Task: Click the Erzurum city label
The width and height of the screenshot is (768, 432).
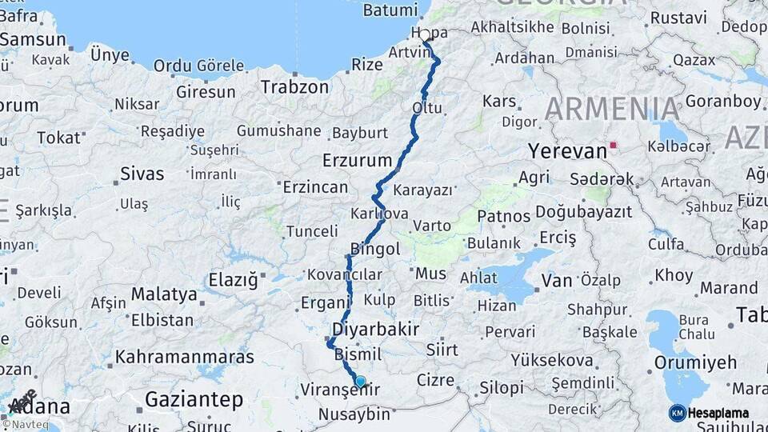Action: point(357,160)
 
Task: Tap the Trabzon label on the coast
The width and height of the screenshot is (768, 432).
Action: point(294,86)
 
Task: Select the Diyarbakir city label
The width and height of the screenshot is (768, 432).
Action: point(375,330)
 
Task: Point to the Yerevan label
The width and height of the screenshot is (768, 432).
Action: point(567,151)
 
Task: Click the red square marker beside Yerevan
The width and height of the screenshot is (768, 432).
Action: point(614,146)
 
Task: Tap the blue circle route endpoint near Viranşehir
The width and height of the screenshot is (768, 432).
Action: point(360,382)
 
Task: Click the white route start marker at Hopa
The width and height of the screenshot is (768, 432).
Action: point(426,35)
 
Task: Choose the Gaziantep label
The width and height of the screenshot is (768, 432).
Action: point(194,398)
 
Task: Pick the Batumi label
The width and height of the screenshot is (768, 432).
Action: point(390,10)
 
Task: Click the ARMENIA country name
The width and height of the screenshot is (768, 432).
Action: point(612,108)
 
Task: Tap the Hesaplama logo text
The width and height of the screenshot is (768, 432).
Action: point(718,414)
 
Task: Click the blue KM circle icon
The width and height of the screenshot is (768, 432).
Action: point(678,413)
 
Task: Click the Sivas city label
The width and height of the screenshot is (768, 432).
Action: point(142,174)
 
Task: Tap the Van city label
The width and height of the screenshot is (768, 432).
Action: point(557,280)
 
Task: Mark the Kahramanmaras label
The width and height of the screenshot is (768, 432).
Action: point(184,357)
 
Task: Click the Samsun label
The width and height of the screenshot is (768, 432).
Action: point(33,39)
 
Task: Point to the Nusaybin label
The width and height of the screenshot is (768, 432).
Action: point(354,414)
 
